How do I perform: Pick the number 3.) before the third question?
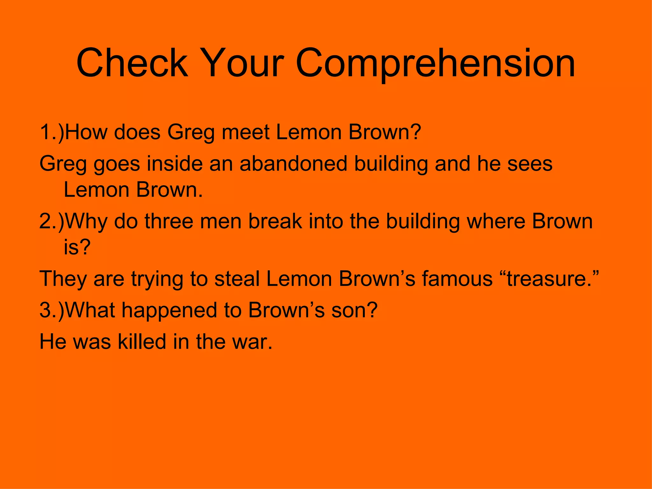(x=52, y=309)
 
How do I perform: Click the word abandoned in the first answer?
(x=293, y=164)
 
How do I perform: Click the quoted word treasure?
(x=547, y=279)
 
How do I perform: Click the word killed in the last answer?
(x=142, y=341)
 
